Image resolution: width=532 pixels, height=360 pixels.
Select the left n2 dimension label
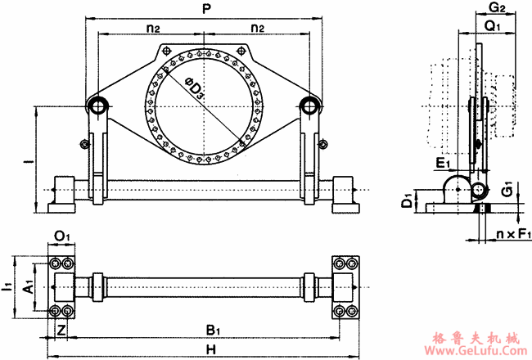click(x=152, y=28)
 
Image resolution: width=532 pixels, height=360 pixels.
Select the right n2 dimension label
click(x=257, y=28)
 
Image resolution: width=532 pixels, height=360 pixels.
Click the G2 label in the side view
click(x=496, y=9)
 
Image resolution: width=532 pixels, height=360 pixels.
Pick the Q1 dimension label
click(x=493, y=26)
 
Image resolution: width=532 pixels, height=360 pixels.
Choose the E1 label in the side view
click(x=443, y=164)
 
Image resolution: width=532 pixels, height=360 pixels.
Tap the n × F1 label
click(x=514, y=235)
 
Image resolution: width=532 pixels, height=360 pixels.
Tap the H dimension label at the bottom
click(x=210, y=349)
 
